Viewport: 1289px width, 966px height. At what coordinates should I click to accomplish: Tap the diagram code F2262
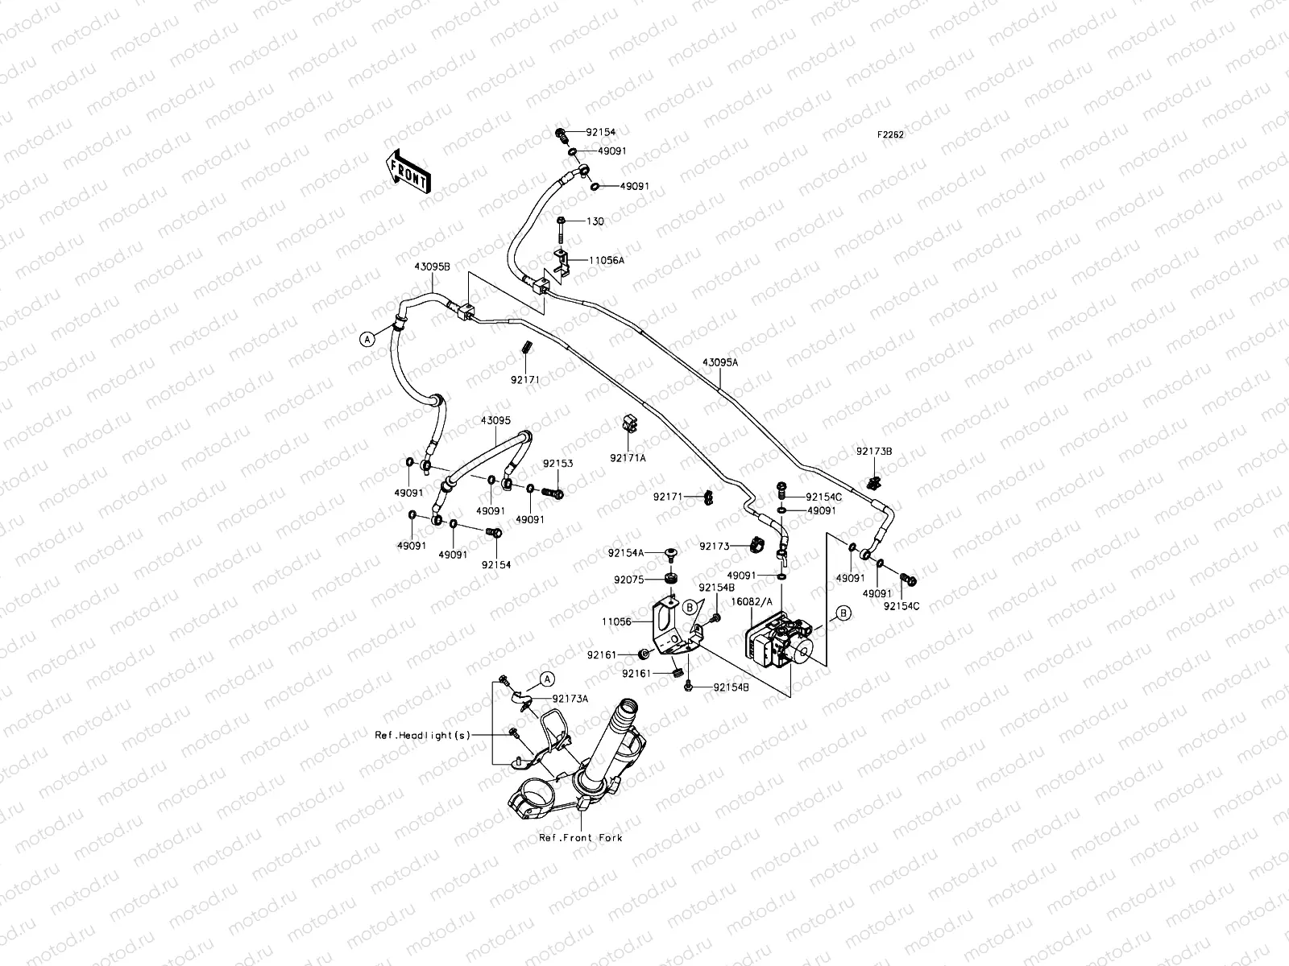click(x=890, y=135)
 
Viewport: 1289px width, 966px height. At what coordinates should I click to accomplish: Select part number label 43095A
click(x=720, y=362)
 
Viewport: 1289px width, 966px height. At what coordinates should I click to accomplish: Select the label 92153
click(x=557, y=464)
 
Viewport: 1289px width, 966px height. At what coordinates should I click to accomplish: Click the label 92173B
click(x=874, y=452)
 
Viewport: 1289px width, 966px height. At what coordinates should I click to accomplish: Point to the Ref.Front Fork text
click(x=581, y=838)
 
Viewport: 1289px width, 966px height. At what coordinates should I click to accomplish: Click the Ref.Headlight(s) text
click(x=422, y=735)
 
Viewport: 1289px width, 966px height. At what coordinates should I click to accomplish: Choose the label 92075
click(x=628, y=579)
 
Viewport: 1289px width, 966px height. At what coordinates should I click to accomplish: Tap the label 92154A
click(x=626, y=553)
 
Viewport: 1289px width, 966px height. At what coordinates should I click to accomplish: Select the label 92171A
click(x=628, y=457)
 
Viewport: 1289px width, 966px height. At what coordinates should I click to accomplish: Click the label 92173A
click(x=570, y=698)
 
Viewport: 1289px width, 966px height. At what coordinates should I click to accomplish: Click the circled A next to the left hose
click(x=367, y=339)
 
